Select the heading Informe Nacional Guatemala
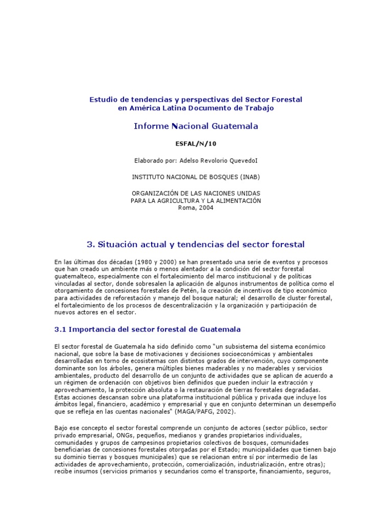(196, 126)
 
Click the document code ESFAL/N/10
(196, 144)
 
